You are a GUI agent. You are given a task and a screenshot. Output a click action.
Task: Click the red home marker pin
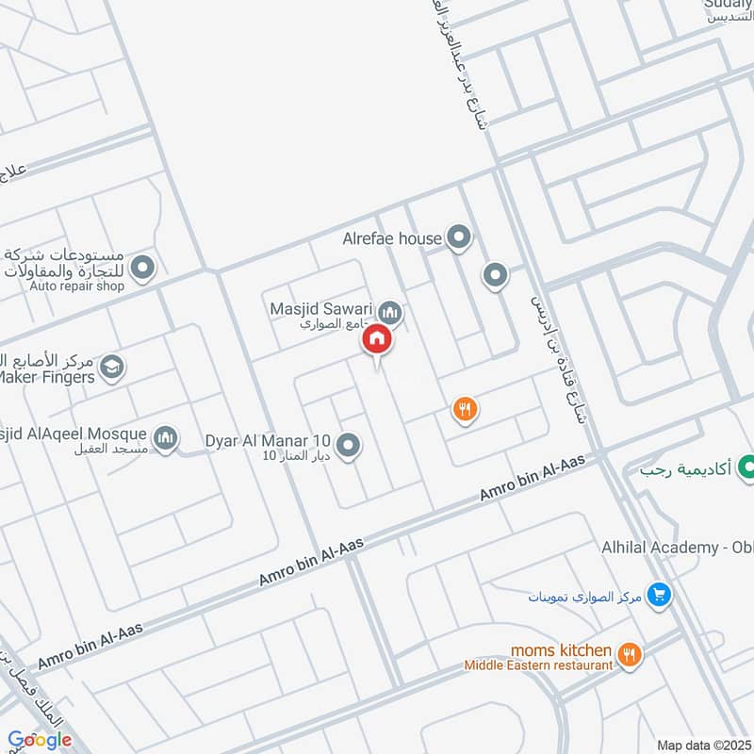(377, 338)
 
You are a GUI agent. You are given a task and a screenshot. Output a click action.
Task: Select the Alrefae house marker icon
(459, 238)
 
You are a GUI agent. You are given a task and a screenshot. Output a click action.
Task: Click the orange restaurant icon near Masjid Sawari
(465, 409)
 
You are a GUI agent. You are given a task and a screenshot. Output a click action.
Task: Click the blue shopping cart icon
(660, 596)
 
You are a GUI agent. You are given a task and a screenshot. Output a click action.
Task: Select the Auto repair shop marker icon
(143, 270)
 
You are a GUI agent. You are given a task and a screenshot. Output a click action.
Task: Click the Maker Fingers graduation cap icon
(111, 369)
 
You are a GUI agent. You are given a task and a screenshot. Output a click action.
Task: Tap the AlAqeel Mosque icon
(166, 438)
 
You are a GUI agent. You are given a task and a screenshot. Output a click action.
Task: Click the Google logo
(40, 740)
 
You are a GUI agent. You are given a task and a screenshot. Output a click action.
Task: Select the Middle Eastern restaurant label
(538, 665)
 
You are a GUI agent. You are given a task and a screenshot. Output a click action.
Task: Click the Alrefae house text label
(392, 238)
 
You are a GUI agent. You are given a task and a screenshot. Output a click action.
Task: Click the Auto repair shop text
(76, 286)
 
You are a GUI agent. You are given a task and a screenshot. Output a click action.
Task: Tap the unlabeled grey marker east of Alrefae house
(495, 276)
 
